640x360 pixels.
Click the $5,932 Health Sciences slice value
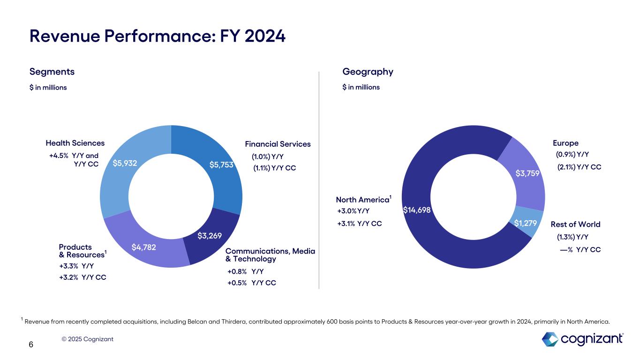click(x=125, y=163)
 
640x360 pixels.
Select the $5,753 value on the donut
click(x=221, y=164)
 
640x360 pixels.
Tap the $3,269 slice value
click(x=210, y=235)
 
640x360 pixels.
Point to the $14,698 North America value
click(x=417, y=210)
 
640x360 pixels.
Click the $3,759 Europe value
click(x=528, y=173)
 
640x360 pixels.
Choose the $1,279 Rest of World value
click(x=525, y=223)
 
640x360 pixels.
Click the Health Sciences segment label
click(x=75, y=143)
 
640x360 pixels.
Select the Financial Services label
click(x=278, y=144)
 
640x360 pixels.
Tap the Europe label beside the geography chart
click(x=565, y=143)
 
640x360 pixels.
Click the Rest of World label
click(x=575, y=224)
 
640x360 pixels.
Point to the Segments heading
click(x=52, y=72)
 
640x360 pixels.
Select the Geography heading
click(x=368, y=72)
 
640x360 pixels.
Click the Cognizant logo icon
click(x=550, y=338)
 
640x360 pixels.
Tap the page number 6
click(x=31, y=345)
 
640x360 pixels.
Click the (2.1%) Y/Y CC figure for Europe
click(x=579, y=167)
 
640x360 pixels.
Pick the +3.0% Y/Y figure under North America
click(x=354, y=211)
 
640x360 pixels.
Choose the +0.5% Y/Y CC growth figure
click(x=251, y=283)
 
